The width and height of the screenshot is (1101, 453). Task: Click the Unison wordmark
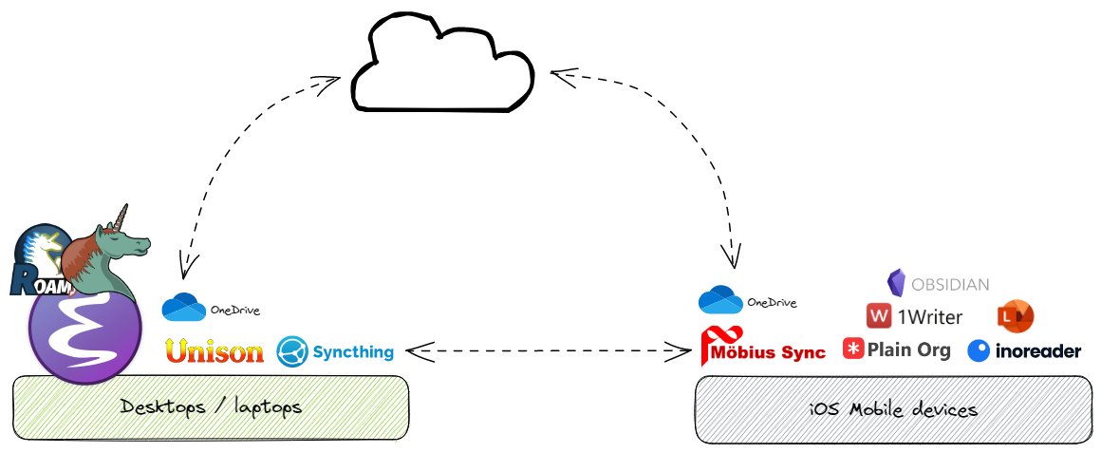(x=215, y=351)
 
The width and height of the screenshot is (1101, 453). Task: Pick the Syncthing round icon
(x=292, y=351)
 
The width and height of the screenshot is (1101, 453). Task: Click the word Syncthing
(x=353, y=352)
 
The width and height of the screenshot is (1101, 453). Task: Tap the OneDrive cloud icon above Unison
(x=184, y=308)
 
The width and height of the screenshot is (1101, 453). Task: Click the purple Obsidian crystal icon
(x=896, y=283)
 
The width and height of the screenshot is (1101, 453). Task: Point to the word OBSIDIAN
(x=950, y=284)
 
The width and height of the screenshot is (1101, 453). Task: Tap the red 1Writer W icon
(x=880, y=316)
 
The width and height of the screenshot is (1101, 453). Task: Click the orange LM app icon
(x=1016, y=316)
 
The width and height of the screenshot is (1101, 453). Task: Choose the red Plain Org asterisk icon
(x=853, y=349)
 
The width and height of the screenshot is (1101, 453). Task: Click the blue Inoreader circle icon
(x=979, y=351)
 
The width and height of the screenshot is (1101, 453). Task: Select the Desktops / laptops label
(x=211, y=407)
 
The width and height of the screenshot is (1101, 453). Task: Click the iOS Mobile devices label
(x=893, y=410)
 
